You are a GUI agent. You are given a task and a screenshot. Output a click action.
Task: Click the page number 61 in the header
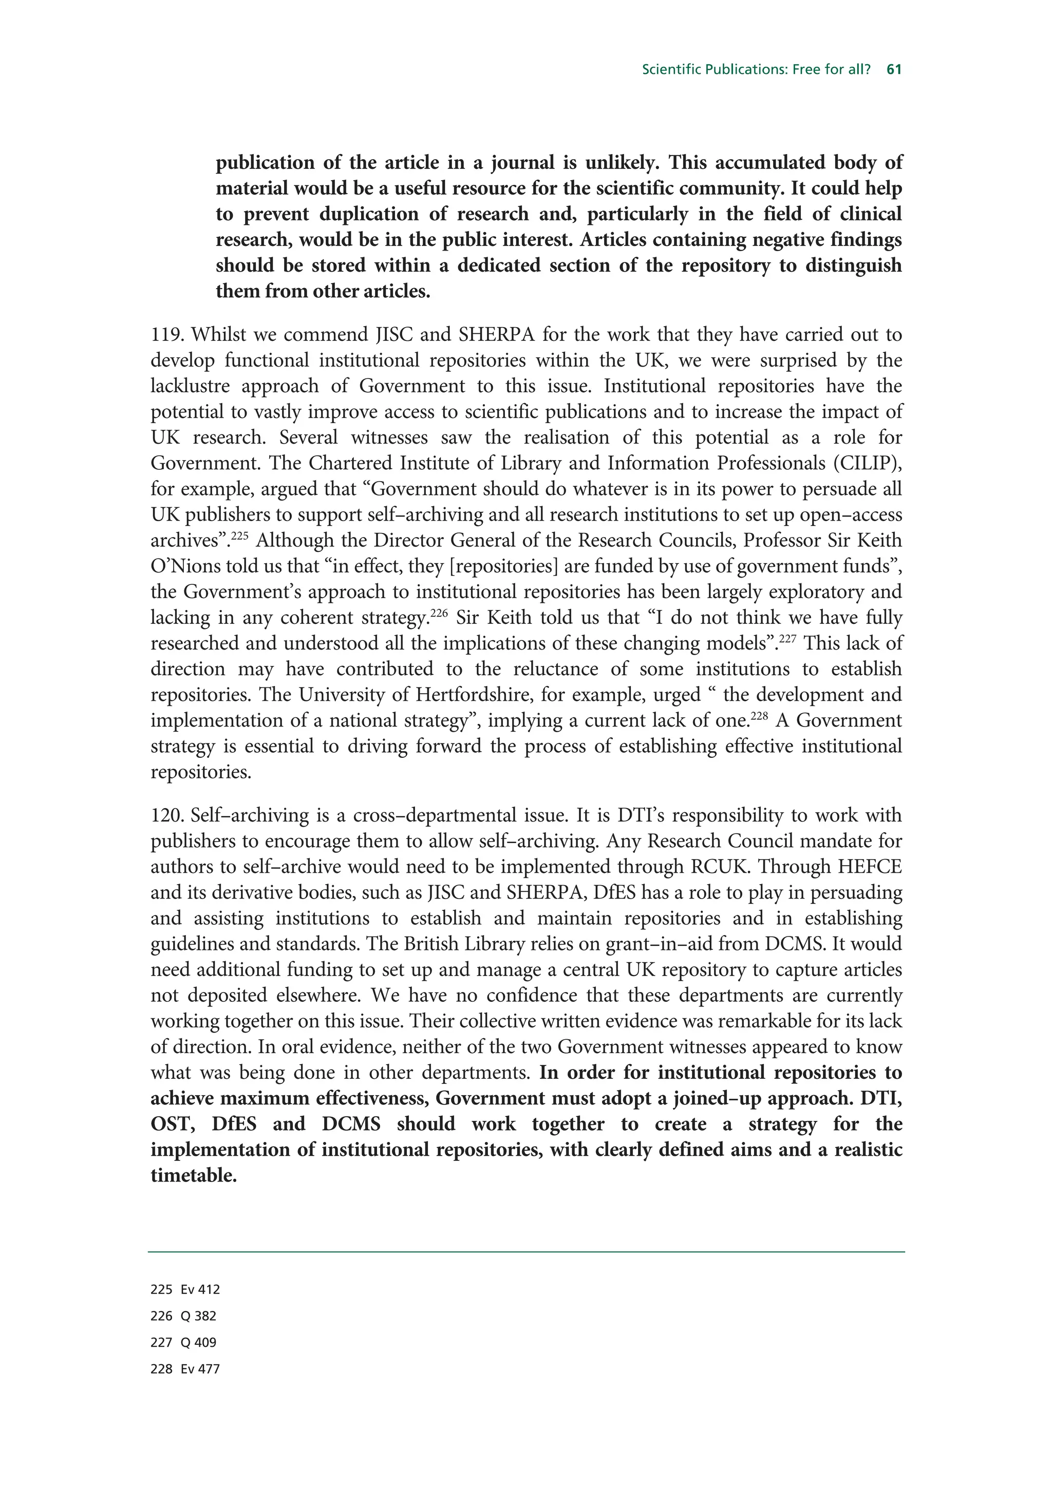coord(894,69)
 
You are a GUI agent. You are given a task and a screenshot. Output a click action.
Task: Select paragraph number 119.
coord(168,335)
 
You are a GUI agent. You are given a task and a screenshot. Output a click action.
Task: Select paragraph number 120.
coord(168,815)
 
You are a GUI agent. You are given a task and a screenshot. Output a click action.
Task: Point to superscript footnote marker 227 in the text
coord(787,638)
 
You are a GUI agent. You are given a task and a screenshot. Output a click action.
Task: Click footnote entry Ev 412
coord(200,1290)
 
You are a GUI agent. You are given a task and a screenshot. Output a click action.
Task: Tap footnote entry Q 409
coord(198,1343)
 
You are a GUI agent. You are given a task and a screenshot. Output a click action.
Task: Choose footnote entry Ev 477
coord(200,1369)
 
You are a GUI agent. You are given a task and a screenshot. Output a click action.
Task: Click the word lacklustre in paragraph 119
coord(189,386)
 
